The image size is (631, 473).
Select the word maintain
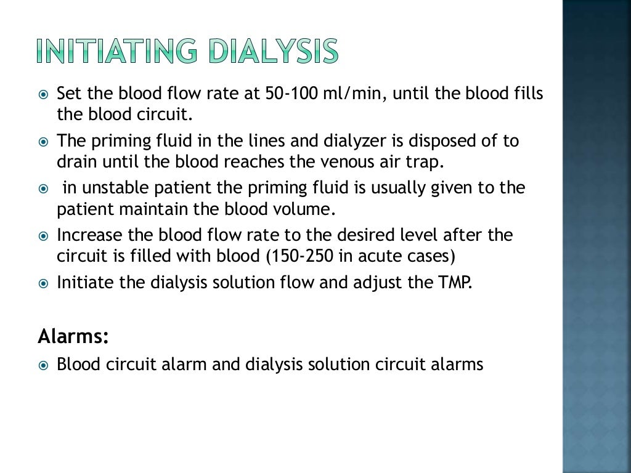(155, 209)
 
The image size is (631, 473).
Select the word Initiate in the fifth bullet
(83, 283)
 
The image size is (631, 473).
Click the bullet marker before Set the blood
(43, 94)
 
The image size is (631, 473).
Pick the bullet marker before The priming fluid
(43, 142)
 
